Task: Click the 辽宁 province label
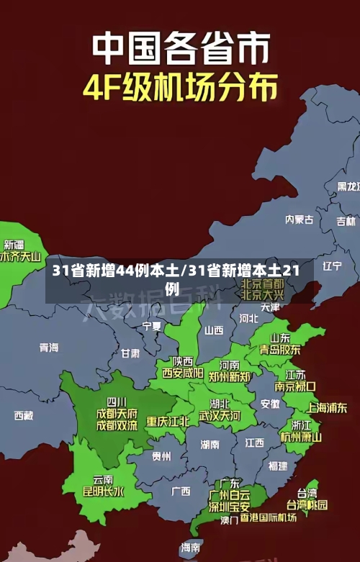pyautogui.click(x=332, y=266)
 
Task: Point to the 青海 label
pyautogui.click(x=49, y=347)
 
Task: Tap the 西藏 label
pyautogui.click(x=24, y=415)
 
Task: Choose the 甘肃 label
pyautogui.click(x=130, y=353)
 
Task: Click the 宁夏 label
pyautogui.click(x=152, y=326)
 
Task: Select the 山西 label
pyautogui.click(x=214, y=330)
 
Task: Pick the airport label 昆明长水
pyautogui.click(x=103, y=492)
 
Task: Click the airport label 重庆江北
pyautogui.click(x=168, y=421)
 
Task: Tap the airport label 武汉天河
pyautogui.click(x=220, y=416)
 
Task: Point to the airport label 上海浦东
pyautogui.click(x=327, y=407)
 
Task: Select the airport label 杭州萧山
pyautogui.click(x=301, y=437)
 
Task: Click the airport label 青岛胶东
pyautogui.click(x=280, y=350)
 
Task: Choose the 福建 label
pyautogui.click(x=277, y=466)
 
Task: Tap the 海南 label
pyautogui.click(x=190, y=548)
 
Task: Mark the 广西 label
pyautogui.click(x=180, y=491)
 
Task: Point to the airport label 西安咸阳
pyautogui.click(x=182, y=373)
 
